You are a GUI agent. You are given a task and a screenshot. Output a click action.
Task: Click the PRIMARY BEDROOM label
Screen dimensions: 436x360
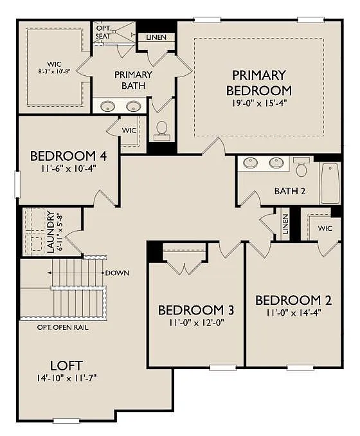258,82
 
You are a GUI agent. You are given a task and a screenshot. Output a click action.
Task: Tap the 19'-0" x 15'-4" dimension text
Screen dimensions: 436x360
258,103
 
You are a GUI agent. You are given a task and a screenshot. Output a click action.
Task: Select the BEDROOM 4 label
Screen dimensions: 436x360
64,156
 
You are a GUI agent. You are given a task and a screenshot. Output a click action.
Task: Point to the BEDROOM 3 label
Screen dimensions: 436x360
195,311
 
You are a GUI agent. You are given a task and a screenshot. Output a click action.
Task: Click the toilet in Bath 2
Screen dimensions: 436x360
301,168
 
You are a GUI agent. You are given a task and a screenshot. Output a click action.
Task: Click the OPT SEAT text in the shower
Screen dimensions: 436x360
104,32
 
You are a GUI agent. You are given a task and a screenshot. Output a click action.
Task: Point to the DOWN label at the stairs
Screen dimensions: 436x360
117,273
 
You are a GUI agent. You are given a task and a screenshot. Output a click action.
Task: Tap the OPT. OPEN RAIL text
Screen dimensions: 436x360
62,327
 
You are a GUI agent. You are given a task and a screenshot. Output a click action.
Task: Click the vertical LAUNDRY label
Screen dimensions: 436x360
51,232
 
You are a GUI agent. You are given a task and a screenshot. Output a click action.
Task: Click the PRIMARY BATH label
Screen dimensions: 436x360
133,80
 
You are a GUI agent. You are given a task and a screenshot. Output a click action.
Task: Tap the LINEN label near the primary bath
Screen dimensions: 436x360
156,37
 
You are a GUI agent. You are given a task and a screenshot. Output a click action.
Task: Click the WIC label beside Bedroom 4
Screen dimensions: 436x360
129,131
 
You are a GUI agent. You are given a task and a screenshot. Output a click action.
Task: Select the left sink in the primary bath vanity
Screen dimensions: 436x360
108,107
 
